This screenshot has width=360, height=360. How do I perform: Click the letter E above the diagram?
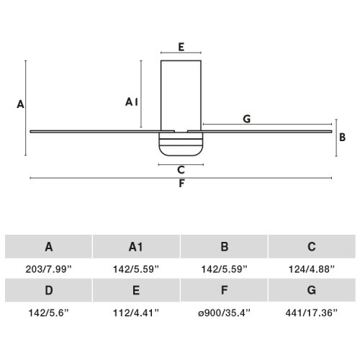181,47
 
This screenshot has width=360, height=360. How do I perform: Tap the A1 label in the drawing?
132,102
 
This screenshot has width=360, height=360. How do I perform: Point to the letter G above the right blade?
247,119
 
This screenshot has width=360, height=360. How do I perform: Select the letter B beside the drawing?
342,138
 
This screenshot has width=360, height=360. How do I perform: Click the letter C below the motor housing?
181,170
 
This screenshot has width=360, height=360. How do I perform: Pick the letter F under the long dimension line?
181,184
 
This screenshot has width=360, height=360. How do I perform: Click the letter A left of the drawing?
20,104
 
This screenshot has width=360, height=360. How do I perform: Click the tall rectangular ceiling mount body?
181,96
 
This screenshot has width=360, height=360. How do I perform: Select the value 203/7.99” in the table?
49,269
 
